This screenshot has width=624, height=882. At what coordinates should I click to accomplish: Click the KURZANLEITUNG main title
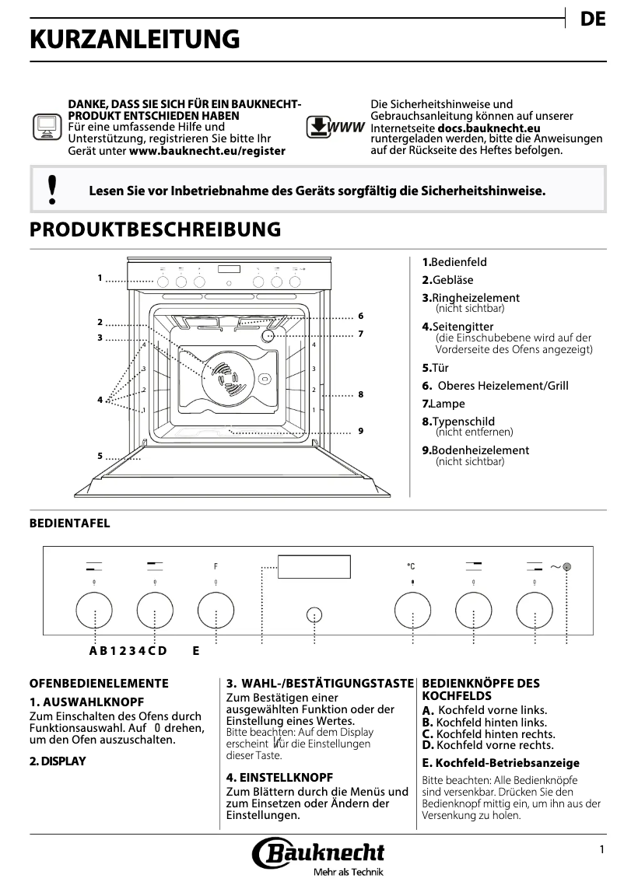(135, 40)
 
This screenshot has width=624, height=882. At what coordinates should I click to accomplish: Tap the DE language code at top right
(593, 20)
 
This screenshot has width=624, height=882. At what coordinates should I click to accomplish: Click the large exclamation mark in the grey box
(52, 190)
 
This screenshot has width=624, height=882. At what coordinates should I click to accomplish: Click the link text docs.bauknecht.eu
(489, 128)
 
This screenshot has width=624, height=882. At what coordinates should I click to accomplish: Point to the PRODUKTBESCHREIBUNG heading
(154, 229)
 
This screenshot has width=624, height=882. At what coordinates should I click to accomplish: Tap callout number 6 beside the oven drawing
(361, 317)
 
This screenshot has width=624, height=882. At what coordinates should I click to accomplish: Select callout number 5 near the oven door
(100, 456)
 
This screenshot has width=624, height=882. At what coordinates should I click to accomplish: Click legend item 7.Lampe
(443, 404)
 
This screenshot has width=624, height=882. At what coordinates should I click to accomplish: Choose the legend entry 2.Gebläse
(447, 280)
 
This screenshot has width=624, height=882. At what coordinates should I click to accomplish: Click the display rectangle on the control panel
(314, 567)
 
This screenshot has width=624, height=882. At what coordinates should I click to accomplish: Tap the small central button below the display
(314, 614)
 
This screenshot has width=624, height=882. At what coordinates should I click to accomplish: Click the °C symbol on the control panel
(411, 566)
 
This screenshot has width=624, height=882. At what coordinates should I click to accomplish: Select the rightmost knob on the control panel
(535, 611)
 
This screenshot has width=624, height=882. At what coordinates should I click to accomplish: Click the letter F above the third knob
(216, 566)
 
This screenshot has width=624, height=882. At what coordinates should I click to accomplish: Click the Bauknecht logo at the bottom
(319, 853)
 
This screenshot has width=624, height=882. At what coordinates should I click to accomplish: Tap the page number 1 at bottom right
(601, 850)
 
